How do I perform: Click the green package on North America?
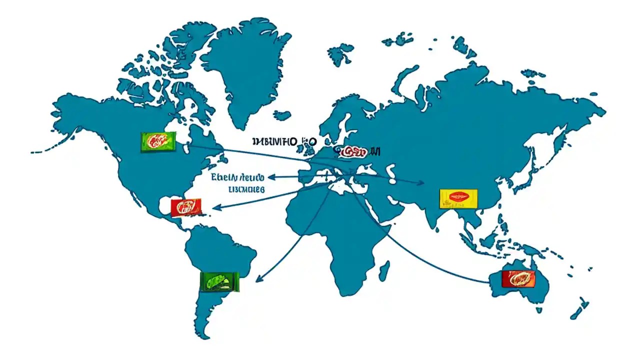tap(158, 142)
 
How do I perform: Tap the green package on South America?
tap(219, 281)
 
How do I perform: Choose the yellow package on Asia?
tap(458, 198)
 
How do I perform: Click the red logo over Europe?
tap(352, 151)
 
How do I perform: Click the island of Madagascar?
tap(384, 270)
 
